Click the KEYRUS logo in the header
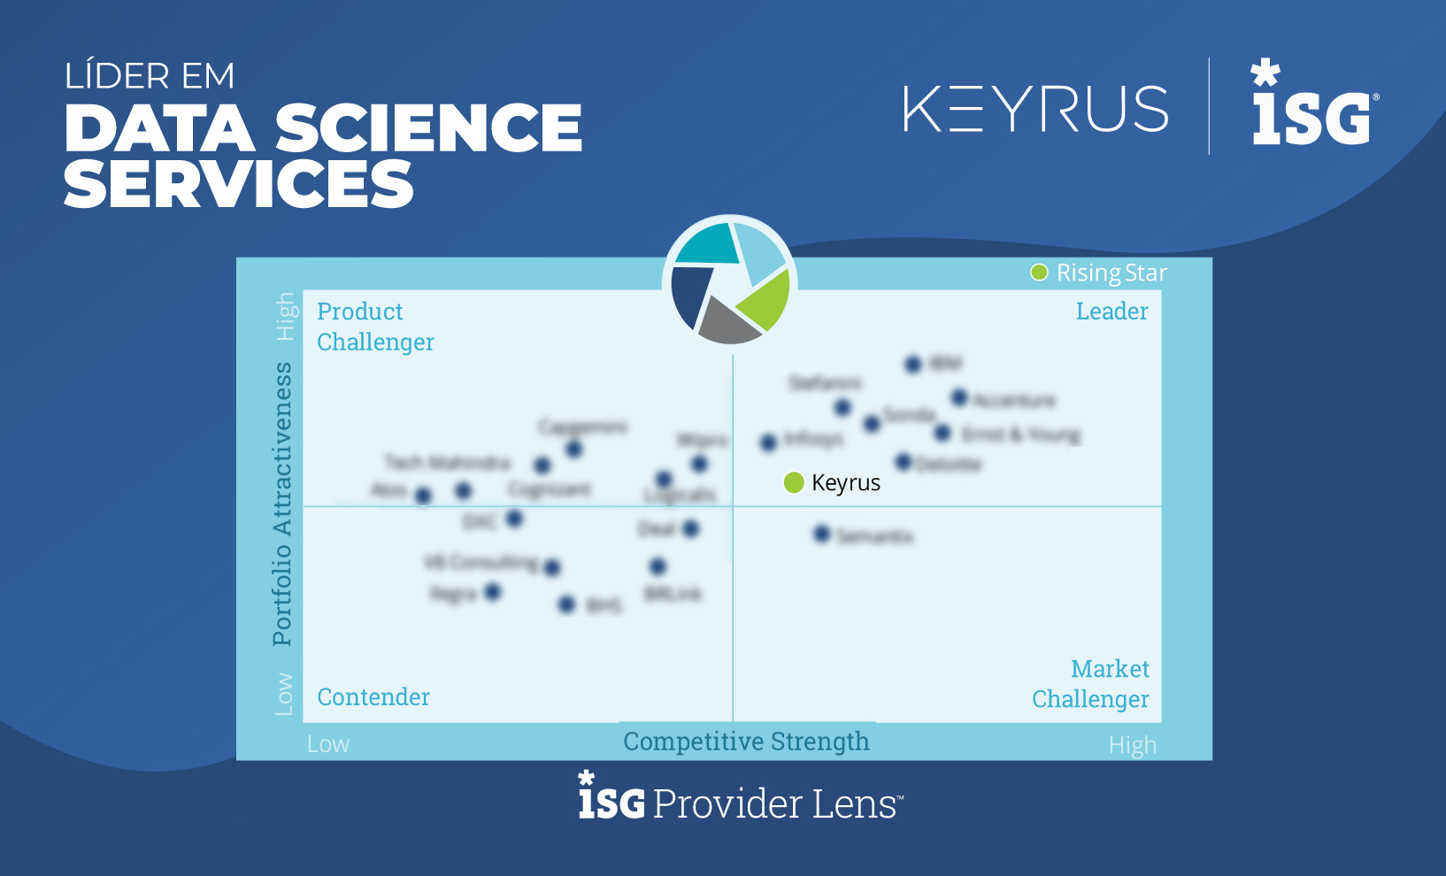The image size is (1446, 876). (x=1035, y=109)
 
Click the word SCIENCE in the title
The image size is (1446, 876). (x=428, y=128)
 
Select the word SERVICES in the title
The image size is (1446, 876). (x=239, y=185)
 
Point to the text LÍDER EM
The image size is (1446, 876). (x=150, y=77)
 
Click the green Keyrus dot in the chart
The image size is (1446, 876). (x=794, y=482)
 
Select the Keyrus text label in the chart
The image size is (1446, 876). (x=846, y=483)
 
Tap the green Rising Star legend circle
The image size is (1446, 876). (x=1039, y=273)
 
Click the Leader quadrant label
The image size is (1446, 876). (x=1111, y=311)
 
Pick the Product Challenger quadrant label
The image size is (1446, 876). (x=375, y=327)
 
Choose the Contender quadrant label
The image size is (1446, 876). (x=373, y=697)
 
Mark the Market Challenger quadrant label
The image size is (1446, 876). (x=1091, y=684)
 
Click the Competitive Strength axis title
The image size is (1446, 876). (x=746, y=742)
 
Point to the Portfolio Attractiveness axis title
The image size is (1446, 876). (x=282, y=503)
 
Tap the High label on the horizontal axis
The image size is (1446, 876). (x=1132, y=745)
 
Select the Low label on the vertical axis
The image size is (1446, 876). (x=284, y=694)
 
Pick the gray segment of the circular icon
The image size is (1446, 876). (x=728, y=324)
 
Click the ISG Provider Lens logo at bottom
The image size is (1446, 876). (x=741, y=797)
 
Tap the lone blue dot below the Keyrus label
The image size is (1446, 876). (x=822, y=534)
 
